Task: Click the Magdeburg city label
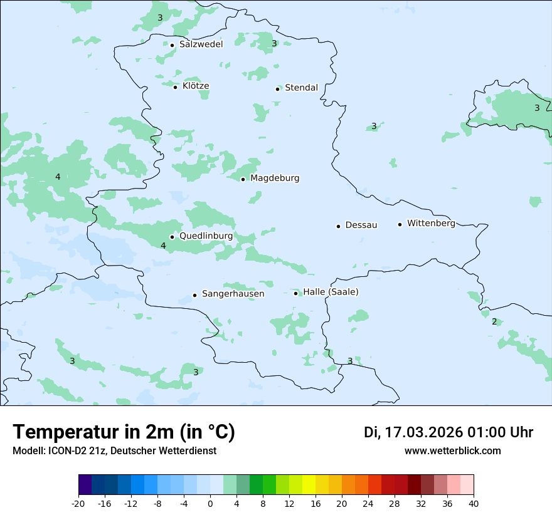click(x=275, y=179)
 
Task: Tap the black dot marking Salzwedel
click(x=172, y=45)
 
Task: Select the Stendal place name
click(x=301, y=88)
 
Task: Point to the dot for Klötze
click(x=176, y=87)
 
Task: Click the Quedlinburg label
click(x=206, y=236)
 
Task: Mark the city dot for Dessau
click(x=338, y=226)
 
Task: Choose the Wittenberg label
click(x=431, y=223)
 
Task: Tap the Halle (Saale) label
click(x=331, y=292)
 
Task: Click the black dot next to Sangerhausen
click(x=194, y=295)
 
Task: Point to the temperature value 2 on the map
click(x=494, y=321)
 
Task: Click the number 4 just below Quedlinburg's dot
click(x=163, y=246)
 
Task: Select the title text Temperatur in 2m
click(x=124, y=432)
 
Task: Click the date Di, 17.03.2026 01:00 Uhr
click(x=448, y=432)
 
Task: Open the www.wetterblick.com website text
click(x=452, y=450)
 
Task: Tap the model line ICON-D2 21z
click(x=114, y=450)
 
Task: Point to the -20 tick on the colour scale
click(x=78, y=503)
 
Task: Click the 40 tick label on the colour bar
click(x=473, y=503)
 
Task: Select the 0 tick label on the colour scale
click(x=210, y=503)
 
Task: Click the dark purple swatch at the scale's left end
click(x=85, y=485)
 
